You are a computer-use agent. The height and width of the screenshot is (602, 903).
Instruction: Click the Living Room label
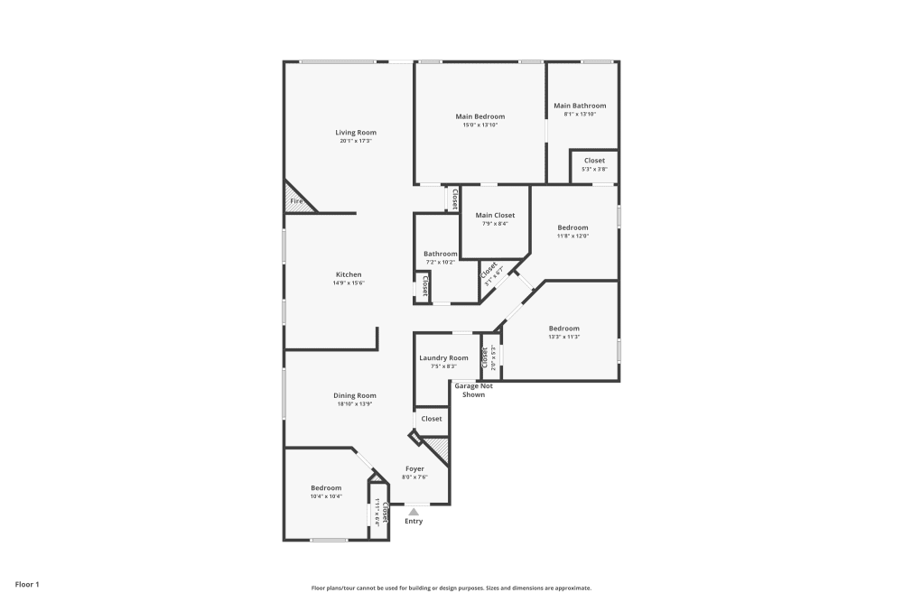tap(356, 133)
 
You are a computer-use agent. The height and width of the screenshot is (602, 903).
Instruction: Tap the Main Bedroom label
tap(479, 116)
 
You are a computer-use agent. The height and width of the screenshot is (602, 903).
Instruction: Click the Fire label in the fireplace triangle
tap(295, 201)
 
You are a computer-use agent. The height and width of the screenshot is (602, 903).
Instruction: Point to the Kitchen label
tap(349, 274)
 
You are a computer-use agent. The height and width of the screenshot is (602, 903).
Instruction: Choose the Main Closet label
tap(495, 216)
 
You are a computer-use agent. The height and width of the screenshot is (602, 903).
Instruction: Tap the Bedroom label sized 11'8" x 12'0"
tap(573, 227)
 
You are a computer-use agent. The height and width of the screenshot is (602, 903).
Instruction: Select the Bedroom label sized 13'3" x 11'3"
tap(563, 329)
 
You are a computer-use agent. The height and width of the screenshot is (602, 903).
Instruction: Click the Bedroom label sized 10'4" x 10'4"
tap(326, 488)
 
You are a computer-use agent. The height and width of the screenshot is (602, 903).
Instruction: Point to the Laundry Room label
tap(443, 358)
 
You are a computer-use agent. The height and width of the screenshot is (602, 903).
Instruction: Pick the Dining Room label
tap(355, 395)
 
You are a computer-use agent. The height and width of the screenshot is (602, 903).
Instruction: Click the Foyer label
tap(414, 468)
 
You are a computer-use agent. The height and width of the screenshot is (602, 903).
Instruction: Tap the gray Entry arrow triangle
tap(414, 512)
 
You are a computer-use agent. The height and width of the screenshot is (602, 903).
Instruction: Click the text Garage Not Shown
tap(473, 391)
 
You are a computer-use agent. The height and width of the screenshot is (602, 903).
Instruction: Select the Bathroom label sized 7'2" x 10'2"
tap(441, 254)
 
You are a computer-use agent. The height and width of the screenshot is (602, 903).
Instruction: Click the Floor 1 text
tap(27, 585)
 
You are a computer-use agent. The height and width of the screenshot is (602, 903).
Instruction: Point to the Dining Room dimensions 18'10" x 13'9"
tap(355, 404)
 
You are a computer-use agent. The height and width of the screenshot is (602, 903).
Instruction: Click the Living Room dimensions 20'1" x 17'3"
tap(356, 141)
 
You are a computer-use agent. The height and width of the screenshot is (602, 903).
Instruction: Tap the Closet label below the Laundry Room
tap(432, 419)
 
